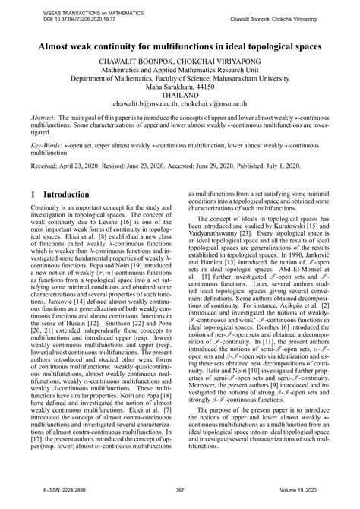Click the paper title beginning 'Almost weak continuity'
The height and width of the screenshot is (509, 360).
[180, 46]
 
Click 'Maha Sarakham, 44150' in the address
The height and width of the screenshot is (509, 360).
[180, 87]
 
